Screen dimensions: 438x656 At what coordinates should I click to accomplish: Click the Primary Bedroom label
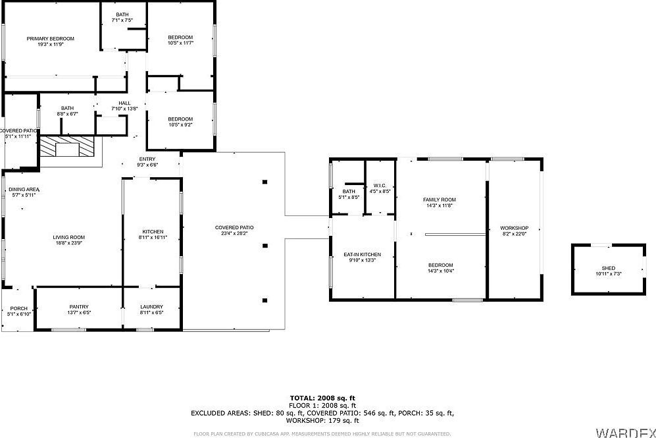pos(50,39)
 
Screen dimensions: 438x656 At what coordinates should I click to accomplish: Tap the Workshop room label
pos(515,228)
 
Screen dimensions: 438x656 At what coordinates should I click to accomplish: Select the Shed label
pos(608,268)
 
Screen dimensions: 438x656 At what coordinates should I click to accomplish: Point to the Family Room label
pos(439,200)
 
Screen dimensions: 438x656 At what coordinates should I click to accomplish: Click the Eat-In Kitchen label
pos(362,254)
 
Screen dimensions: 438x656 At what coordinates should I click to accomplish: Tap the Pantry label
pos(79,307)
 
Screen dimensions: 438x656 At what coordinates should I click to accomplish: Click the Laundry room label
pos(151,307)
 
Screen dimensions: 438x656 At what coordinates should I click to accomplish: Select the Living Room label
pos(69,237)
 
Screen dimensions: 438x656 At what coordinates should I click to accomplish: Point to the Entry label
pos(147,159)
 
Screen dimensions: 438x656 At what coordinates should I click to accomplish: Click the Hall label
pos(124,103)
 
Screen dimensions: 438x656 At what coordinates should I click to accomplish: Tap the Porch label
pos(18,308)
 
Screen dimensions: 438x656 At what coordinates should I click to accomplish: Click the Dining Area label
pos(24,189)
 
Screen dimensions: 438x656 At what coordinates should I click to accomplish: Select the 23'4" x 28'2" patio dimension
pos(234,233)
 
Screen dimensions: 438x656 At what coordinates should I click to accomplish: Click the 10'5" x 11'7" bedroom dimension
pos(180,43)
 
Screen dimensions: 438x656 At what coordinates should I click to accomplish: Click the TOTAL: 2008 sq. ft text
pos(322,398)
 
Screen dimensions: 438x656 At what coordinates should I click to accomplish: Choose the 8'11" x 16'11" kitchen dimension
pos(153,237)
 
